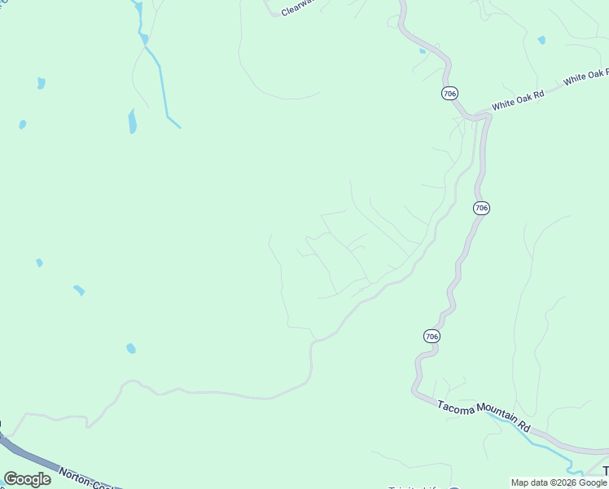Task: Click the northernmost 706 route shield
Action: [x=449, y=94]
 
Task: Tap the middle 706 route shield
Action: [x=481, y=208]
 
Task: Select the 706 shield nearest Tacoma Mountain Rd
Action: [x=432, y=336]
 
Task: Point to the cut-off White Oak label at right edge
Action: [x=586, y=77]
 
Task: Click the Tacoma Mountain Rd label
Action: [x=484, y=415]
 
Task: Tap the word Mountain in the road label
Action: [x=493, y=418]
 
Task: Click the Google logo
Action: [x=27, y=479]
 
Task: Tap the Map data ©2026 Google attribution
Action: [x=559, y=482]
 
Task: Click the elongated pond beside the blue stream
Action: [x=132, y=121]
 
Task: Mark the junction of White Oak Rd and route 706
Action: [x=472, y=116]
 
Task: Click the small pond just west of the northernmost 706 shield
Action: [x=422, y=51]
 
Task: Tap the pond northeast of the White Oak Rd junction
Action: [x=541, y=39]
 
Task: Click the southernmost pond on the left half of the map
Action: [x=130, y=349]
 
